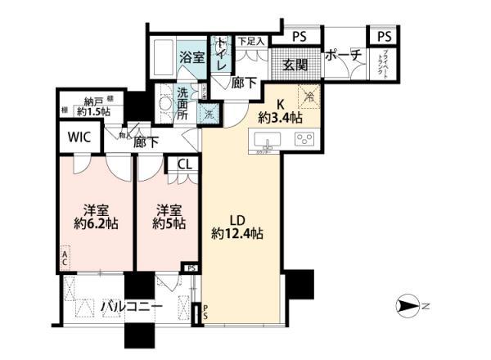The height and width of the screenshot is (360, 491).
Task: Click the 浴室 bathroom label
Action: (x=194, y=57)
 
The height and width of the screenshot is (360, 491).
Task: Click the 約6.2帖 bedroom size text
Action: (x=91, y=223)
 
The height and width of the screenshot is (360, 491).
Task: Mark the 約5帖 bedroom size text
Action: (x=166, y=223)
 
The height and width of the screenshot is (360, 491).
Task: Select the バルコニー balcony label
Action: (x=131, y=307)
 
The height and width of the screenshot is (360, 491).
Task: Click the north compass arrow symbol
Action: (x=409, y=308)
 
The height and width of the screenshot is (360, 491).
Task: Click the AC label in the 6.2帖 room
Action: (x=64, y=257)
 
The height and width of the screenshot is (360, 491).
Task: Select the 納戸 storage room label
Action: (x=96, y=102)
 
